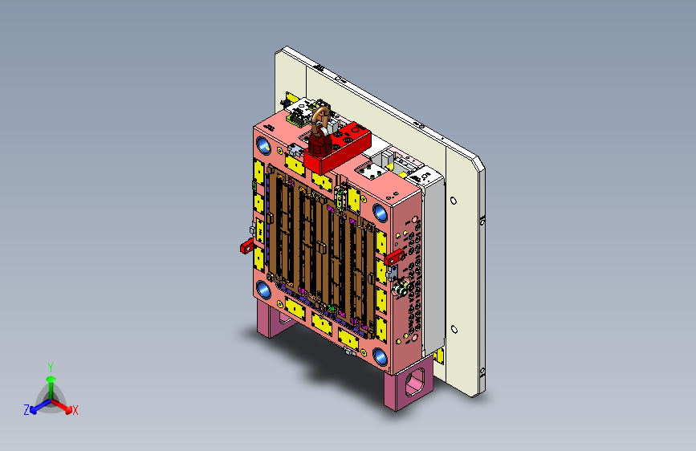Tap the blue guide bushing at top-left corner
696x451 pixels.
tap(263, 145)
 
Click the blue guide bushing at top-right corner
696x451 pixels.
tap(380, 213)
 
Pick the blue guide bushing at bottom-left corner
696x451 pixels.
tap(263, 290)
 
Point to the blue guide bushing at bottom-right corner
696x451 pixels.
tap(380, 356)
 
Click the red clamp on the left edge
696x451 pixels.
tap(246, 246)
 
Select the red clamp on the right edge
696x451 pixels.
tap(394, 258)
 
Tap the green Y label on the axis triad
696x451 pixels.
tap(51, 368)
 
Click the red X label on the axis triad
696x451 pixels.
tap(75, 411)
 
